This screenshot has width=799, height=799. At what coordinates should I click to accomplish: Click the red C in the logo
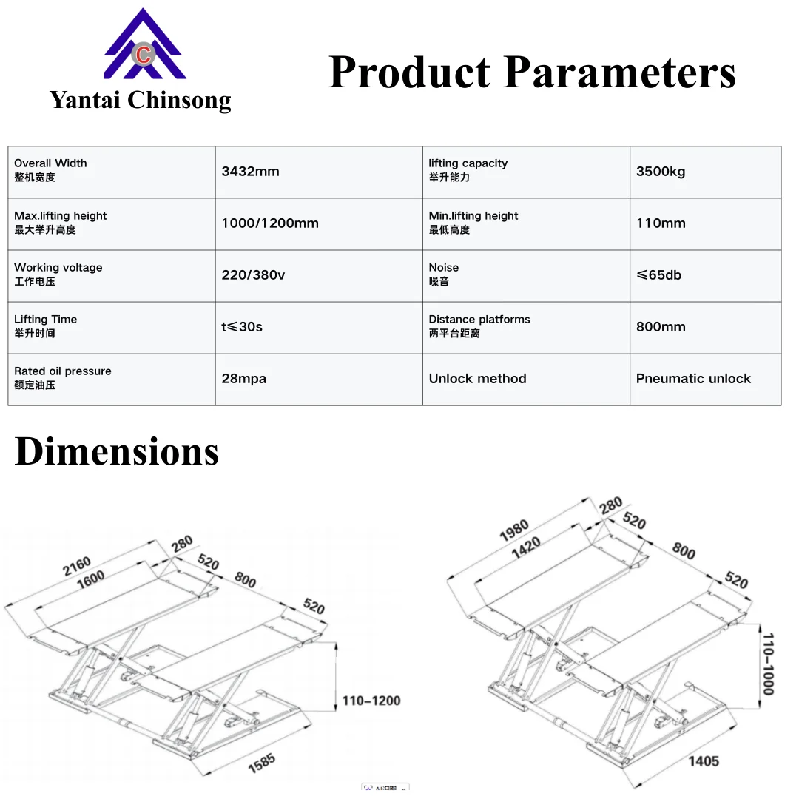click(144, 55)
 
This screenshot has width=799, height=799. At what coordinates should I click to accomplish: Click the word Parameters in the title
click(621, 72)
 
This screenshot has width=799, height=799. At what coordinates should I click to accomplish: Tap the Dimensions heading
click(117, 451)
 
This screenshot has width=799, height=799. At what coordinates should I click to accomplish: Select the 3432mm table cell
click(250, 172)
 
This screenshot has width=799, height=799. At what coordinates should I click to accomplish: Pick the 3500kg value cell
click(661, 172)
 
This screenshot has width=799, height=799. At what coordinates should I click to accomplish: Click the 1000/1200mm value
click(270, 223)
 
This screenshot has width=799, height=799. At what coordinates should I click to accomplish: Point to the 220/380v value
click(253, 275)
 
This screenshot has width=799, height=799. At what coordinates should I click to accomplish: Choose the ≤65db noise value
click(659, 275)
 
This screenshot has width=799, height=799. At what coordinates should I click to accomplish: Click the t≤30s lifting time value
click(242, 327)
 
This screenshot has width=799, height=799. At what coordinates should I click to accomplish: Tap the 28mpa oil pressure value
click(244, 379)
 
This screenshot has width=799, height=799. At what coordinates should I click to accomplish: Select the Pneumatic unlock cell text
click(693, 379)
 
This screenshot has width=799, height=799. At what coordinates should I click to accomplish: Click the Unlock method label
click(477, 379)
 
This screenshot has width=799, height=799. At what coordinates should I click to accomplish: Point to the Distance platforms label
click(479, 320)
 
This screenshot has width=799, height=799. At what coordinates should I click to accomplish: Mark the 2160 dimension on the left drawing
click(77, 566)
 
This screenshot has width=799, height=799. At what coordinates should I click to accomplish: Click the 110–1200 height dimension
click(371, 701)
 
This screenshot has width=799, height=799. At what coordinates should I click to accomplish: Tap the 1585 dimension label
click(262, 763)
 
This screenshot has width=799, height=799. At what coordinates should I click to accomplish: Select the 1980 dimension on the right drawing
click(514, 530)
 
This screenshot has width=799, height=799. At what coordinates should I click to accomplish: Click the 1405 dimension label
click(704, 761)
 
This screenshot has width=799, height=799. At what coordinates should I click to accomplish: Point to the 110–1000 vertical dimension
click(769, 664)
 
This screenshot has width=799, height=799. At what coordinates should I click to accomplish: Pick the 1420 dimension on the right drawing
click(526, 547)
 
